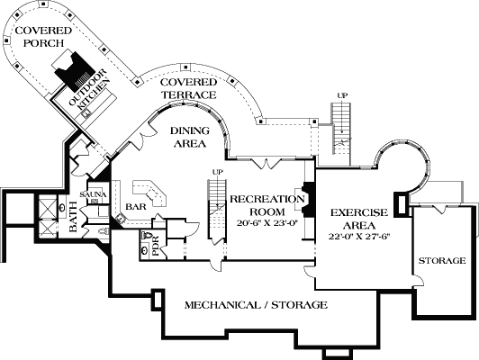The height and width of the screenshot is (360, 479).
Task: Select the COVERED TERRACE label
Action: point(188,88)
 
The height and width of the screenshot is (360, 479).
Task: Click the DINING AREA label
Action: point(188,137)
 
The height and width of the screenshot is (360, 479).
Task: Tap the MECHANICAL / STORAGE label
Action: point(256,305)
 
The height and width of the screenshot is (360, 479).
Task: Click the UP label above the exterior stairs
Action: point(342,94)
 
